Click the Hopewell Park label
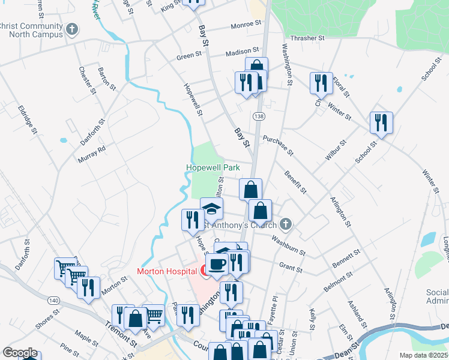[x=213, y=167]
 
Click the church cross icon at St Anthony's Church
[x=286, y=224]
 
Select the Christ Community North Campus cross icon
[x=71, y=28]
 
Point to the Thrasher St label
[x=307, y=37]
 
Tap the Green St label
[x=189, y=56]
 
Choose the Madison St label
[x=242, y=52]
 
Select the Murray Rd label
[x=91, y=154]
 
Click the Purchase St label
[x=277, y=144]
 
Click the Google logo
[x=19, y=353]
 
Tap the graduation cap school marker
[x=211, y=209]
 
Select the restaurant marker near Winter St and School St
[x=381, y=124]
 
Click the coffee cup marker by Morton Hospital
[x=217, y=263]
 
